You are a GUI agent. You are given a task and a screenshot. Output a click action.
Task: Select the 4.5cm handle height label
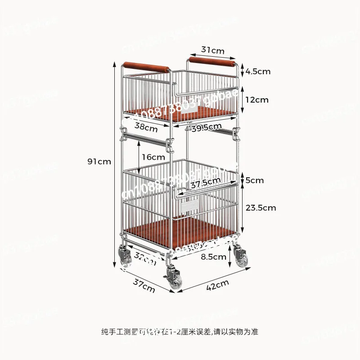coord(258,71)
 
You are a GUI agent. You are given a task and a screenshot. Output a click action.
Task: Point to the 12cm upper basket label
coord(256,99)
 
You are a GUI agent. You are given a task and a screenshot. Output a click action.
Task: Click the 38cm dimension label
coord(146,127)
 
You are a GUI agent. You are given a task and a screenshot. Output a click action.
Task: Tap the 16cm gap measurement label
coord(153,157)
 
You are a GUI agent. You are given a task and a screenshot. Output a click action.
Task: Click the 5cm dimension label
coord(255,180)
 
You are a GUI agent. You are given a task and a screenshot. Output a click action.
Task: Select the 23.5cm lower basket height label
coord(261,207)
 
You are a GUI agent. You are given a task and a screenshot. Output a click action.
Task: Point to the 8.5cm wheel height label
coord(213,257)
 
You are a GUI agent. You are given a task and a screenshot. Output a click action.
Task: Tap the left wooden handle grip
coord(147,68)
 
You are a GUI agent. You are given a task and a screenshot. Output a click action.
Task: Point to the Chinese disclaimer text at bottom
coord(180,333)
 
